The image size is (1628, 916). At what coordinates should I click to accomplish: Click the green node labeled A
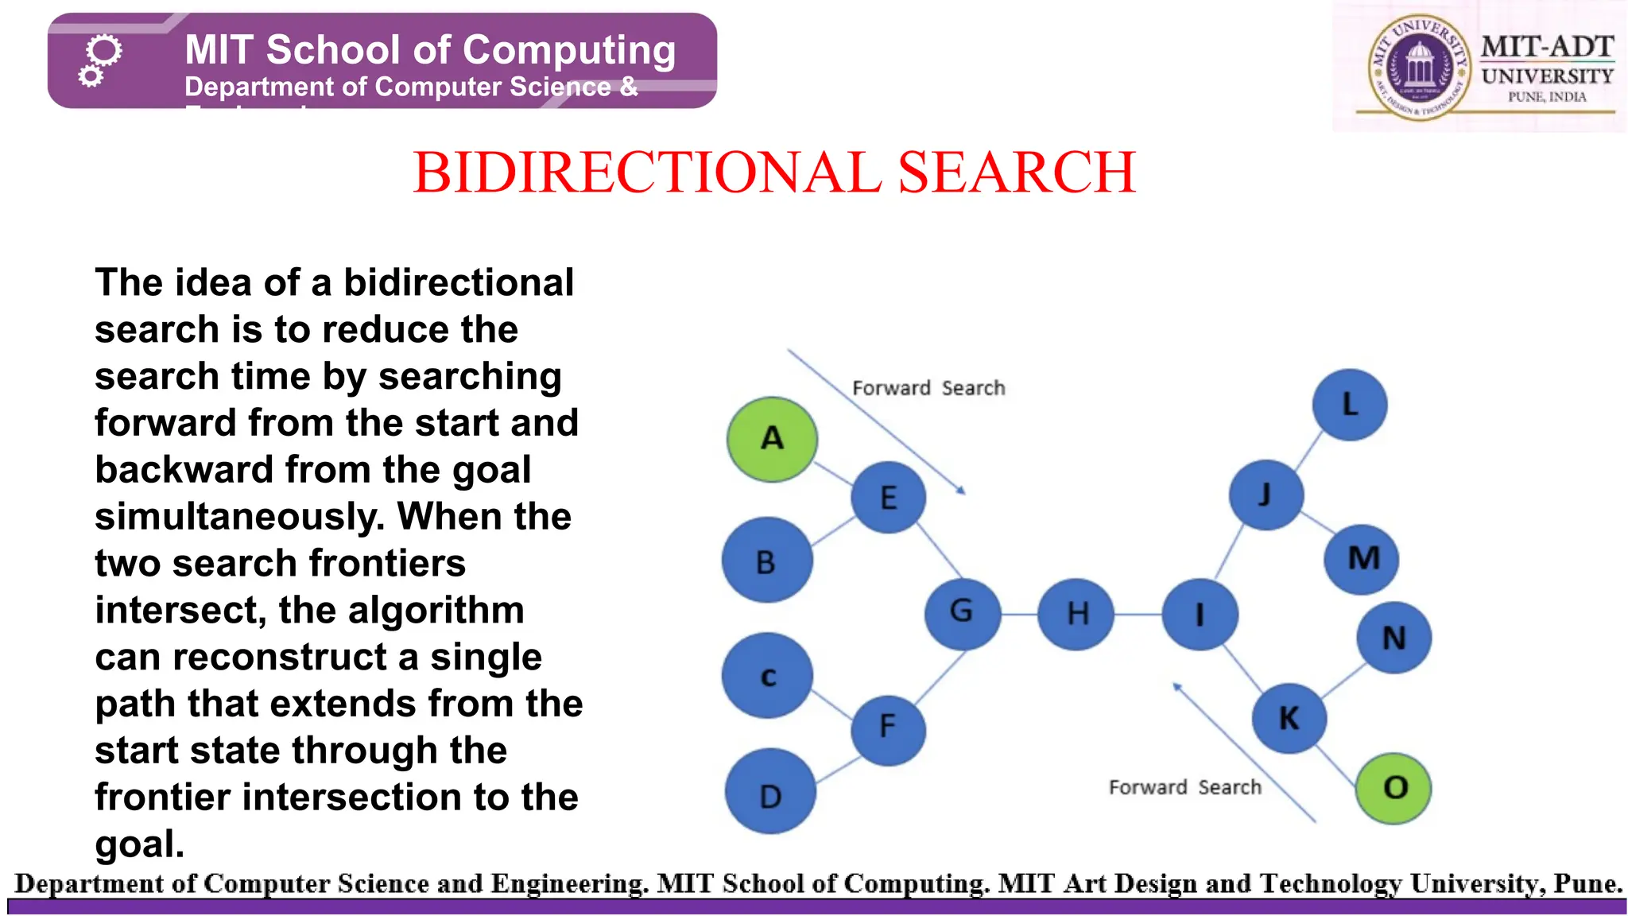(772, 439)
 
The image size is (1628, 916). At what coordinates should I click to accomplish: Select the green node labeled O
(1393, 787)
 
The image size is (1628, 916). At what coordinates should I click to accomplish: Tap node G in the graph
(962, 613)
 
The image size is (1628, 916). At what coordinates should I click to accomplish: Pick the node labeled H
(1076, 614)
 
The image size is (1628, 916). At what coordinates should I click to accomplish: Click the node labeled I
(1200, 614)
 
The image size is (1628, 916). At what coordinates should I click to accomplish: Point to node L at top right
(1349, 405)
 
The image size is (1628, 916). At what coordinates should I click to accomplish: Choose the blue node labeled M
(1362, 558)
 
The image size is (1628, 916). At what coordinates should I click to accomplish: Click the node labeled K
(1289, 718)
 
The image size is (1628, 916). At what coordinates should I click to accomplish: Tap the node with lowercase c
(767, 676)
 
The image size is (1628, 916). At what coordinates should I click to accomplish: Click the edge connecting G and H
(1019, 614)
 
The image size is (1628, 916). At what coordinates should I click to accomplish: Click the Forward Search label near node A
(928, 388)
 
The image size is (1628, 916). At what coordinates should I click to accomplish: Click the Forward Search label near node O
(1184, 787)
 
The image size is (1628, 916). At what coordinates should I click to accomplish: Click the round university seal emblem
(1418, 68)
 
